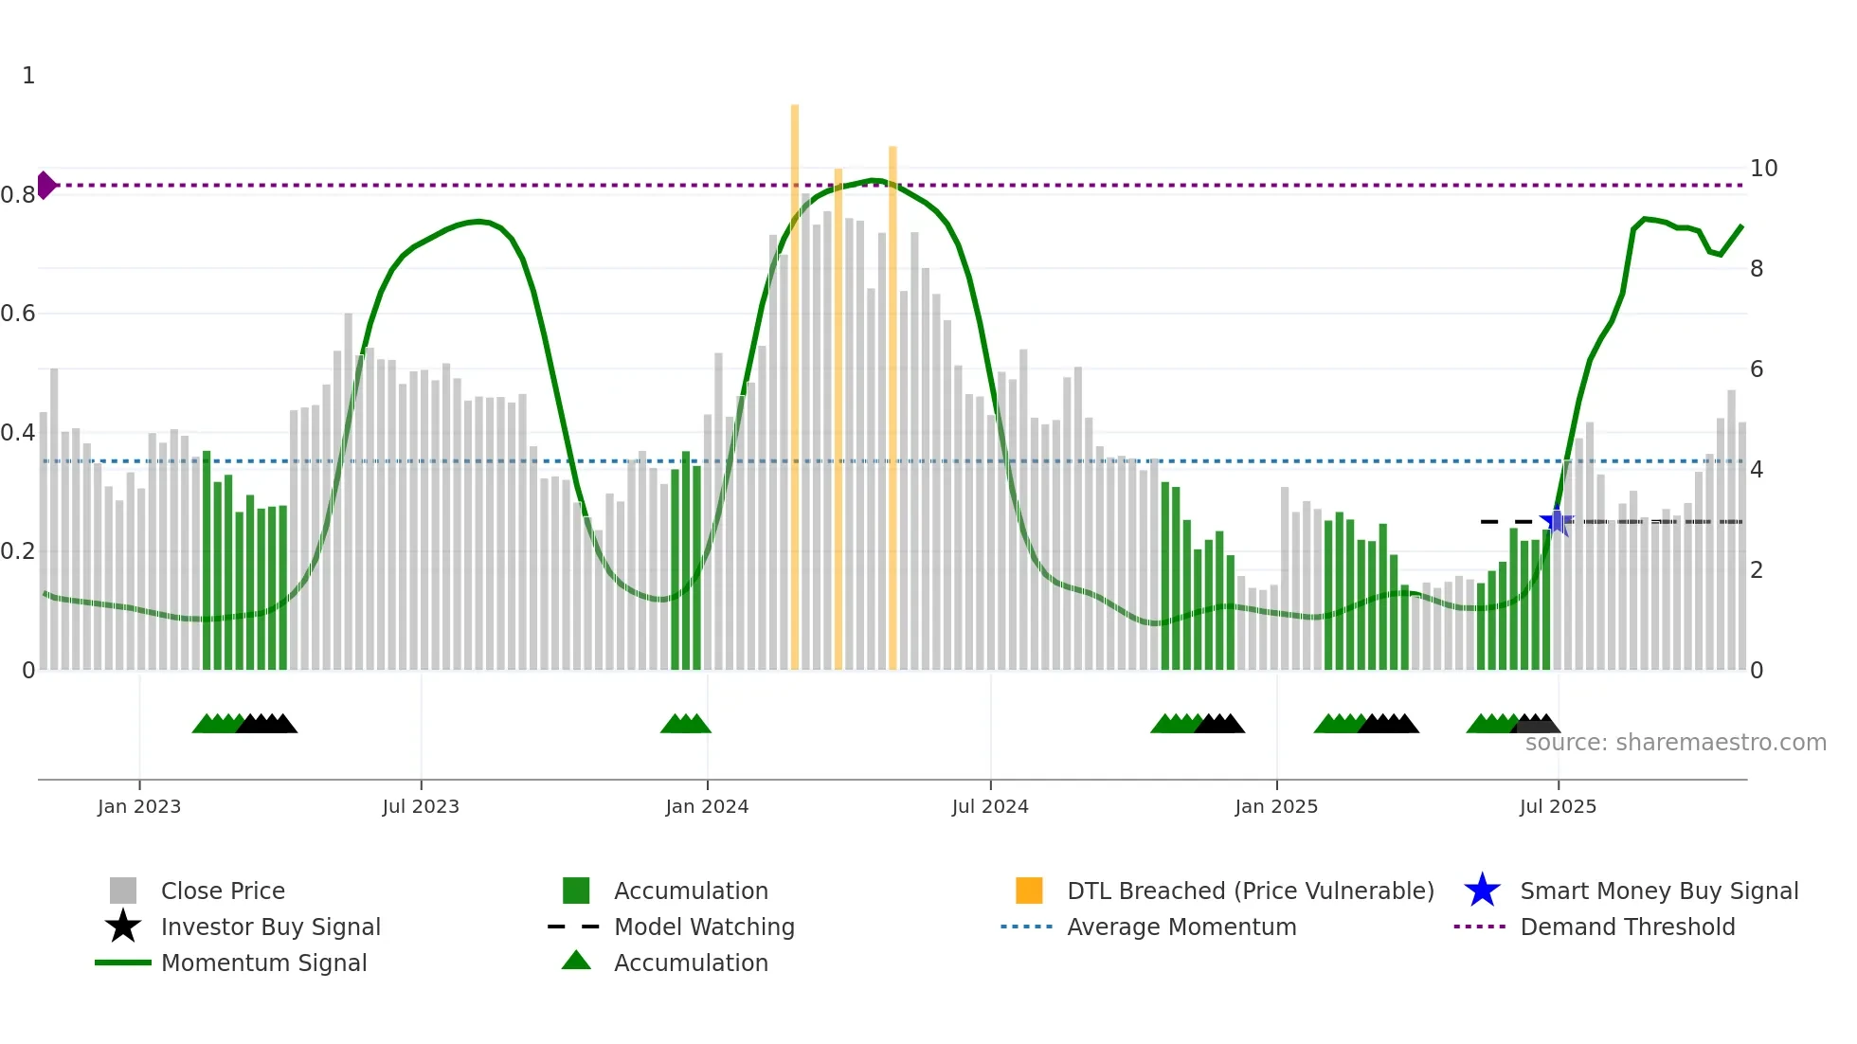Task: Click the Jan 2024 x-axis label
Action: (x=707, y=806)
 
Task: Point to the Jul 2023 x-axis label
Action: (x=421, y=806)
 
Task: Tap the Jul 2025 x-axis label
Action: (x=1558, y=806)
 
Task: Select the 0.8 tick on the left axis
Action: (x=18, y=195)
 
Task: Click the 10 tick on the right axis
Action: (x=1763, y=169)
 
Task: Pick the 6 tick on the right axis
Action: (x=1757, y=369)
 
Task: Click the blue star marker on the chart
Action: (x=1556, y=521)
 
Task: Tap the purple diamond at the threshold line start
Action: (x=45, y=185)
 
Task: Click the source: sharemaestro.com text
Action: (x=1675, y=743)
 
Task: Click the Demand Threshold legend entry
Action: (x=1627, y=927)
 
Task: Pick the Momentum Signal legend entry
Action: (x=263, y=963)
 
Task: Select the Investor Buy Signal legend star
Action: (x=123, y=927)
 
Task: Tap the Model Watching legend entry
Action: (x=703, y=927)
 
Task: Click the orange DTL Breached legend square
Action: (x=1029, y=891)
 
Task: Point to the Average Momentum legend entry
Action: (x=1181, y=927)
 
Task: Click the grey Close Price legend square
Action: (x=123, y=891)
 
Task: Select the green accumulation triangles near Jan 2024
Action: (x=685, y=724)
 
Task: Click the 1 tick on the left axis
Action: (x=28, y=76)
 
